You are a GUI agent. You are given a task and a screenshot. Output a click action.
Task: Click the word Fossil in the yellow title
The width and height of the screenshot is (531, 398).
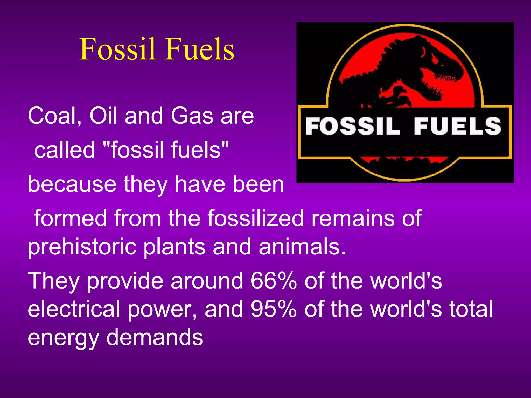(x=118, y=49)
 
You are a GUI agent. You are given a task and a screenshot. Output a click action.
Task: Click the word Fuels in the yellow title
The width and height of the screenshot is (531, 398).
(x=200, y=49)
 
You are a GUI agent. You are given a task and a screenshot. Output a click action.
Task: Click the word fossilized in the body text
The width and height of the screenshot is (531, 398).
(x=255, y=218)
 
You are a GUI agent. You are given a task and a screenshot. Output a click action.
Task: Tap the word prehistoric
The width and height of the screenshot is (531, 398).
(x=82, y=247)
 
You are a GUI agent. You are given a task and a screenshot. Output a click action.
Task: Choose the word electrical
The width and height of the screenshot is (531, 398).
(x=74, y=309)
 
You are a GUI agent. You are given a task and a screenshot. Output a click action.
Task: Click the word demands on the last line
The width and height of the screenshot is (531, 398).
(x=155, y=337)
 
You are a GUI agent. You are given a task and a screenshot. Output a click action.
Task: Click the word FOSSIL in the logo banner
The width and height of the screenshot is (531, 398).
(x=353, y=126)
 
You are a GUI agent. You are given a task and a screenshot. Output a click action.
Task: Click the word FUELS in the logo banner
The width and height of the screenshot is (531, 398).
(x=457, y=126)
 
